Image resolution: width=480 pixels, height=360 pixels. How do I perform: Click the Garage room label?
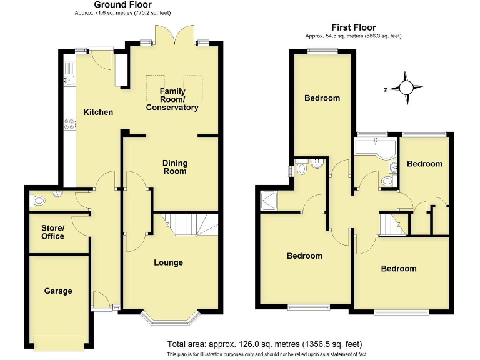(58, 291)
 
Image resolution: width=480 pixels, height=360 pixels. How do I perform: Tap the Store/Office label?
(52, 232)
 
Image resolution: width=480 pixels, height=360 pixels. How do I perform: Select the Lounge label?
(169, 262)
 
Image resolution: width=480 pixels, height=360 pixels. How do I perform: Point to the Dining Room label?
(174, 167)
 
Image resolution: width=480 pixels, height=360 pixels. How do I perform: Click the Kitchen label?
(99, 112)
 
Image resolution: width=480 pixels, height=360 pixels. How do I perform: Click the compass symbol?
(407, 89)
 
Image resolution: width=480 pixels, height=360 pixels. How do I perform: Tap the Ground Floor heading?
(122, 5)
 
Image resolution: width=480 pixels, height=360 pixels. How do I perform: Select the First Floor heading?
(354, 27)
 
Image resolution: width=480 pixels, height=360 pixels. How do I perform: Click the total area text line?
(264, 344)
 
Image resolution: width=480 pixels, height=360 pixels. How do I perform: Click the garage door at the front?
(59, 343)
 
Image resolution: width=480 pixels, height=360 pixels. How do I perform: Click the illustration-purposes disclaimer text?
(264, 354)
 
